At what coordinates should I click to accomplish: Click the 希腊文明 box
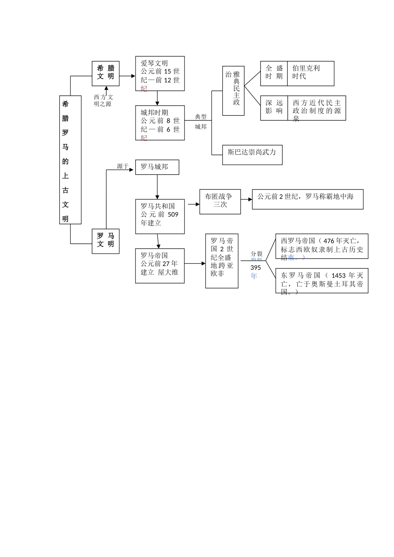tap(105, 73)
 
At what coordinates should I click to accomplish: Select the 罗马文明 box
tap(105, 241)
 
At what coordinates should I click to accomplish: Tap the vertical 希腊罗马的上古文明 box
tap(70, 160)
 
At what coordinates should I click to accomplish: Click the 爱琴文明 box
tap(160, 73)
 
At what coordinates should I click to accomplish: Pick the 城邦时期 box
tap(160, 123)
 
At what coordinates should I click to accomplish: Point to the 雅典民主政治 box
tap(233, 90)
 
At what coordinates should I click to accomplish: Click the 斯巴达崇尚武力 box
tap(252, 155)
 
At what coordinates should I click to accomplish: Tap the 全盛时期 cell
tap(274, 73)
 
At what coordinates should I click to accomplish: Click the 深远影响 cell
tap(274, 108)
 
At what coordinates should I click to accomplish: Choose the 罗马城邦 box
tap(157, 167)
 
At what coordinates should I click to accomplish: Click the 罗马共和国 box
tap(160, 216)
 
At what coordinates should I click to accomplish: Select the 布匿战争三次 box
tap(220, 201)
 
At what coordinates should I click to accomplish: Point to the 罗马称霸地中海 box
tap(307, 199)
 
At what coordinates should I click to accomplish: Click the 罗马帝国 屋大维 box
tap(160, 266)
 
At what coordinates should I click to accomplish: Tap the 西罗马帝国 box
tap(321, 246)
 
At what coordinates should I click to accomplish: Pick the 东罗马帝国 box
tap(321, 281)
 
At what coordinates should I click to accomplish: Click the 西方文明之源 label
tap(103, 100)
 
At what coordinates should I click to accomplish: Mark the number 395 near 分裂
tap(255, 268)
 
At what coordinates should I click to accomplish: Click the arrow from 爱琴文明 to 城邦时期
tap(157, 98)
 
